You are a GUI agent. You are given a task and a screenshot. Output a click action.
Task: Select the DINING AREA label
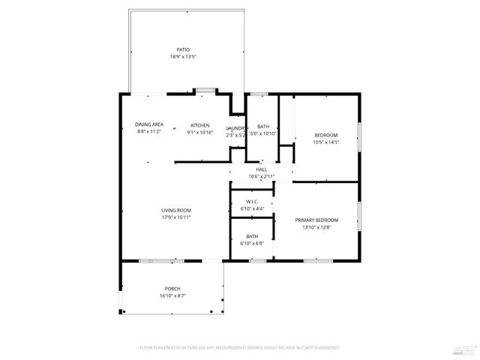pyautogui.click(x=149, y=124)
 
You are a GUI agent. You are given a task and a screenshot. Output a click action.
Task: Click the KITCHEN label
pyautogui.click(x=199, y=125)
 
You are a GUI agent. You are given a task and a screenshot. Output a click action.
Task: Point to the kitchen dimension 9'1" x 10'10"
pyautogui.click(x=199, y=133)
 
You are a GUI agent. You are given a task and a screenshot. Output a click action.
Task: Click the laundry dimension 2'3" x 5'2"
pyautogui.click(x=236, y=136)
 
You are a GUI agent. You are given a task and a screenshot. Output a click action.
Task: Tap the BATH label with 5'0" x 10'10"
pyautogui.click(x=263, y=127)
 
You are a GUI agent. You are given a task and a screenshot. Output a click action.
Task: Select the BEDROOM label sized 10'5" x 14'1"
pyautogui.click(x=325, y=134)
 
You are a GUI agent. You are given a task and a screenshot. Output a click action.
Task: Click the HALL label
pyautogui.click(x=262, y=169)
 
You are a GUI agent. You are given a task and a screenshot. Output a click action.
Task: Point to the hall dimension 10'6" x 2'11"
pyautogui.click(x=262, y=177)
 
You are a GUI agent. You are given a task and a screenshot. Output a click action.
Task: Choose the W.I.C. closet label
pyautogui.click(x=252, y=202)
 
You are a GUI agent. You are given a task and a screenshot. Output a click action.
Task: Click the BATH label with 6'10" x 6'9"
pyautogui.click(x=252, y=236)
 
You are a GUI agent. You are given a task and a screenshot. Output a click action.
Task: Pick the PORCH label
pyautogui.click(x=172, y=289)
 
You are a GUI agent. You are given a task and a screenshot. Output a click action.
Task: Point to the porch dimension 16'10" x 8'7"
pyautogui.click(x=172, y=296)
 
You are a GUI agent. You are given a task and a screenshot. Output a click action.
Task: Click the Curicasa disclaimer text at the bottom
pyautogui.click(x=240, y=348)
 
